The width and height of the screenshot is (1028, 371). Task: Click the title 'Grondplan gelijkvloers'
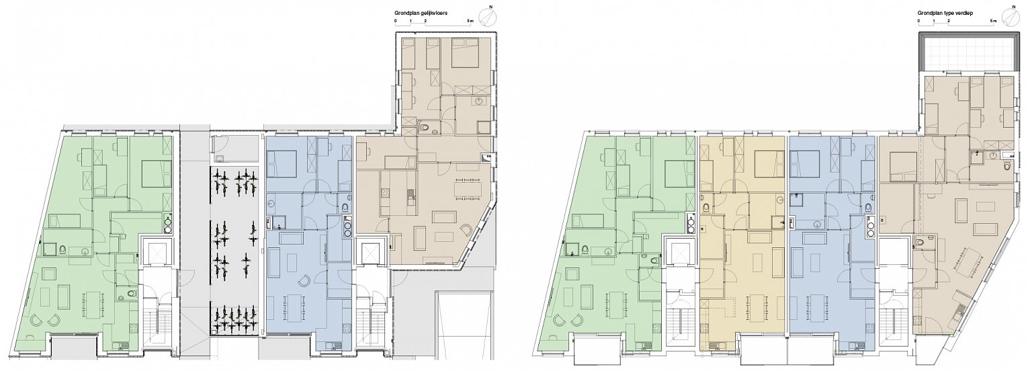[421, 13]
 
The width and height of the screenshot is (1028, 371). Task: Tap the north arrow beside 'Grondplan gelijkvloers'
[488, 17]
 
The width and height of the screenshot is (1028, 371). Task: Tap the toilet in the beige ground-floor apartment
[425, 127]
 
